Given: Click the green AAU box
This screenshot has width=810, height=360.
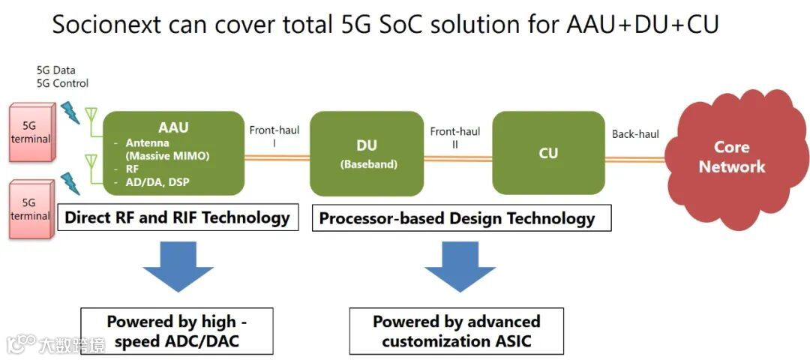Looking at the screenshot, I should tap(174, 153).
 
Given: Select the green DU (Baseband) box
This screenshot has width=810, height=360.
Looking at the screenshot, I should tap(367, 153).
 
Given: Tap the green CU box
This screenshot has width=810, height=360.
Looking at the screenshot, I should tap(548, 153).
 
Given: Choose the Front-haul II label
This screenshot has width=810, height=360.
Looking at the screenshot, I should tap(454, 138).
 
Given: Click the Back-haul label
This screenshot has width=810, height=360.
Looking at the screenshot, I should tap(635, 133).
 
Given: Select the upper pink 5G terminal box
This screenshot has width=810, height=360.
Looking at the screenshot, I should tap(30, 133).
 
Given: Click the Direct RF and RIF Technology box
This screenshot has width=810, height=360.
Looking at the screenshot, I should tap(177, 217).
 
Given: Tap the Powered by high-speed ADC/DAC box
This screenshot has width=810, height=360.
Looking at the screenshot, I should tap(177, 331).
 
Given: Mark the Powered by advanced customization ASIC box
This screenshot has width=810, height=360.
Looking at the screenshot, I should tap(457, 331).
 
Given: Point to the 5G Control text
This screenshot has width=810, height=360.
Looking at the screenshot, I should tap(62, 83).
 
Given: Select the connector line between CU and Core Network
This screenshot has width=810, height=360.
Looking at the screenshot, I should tap(635, 160).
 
